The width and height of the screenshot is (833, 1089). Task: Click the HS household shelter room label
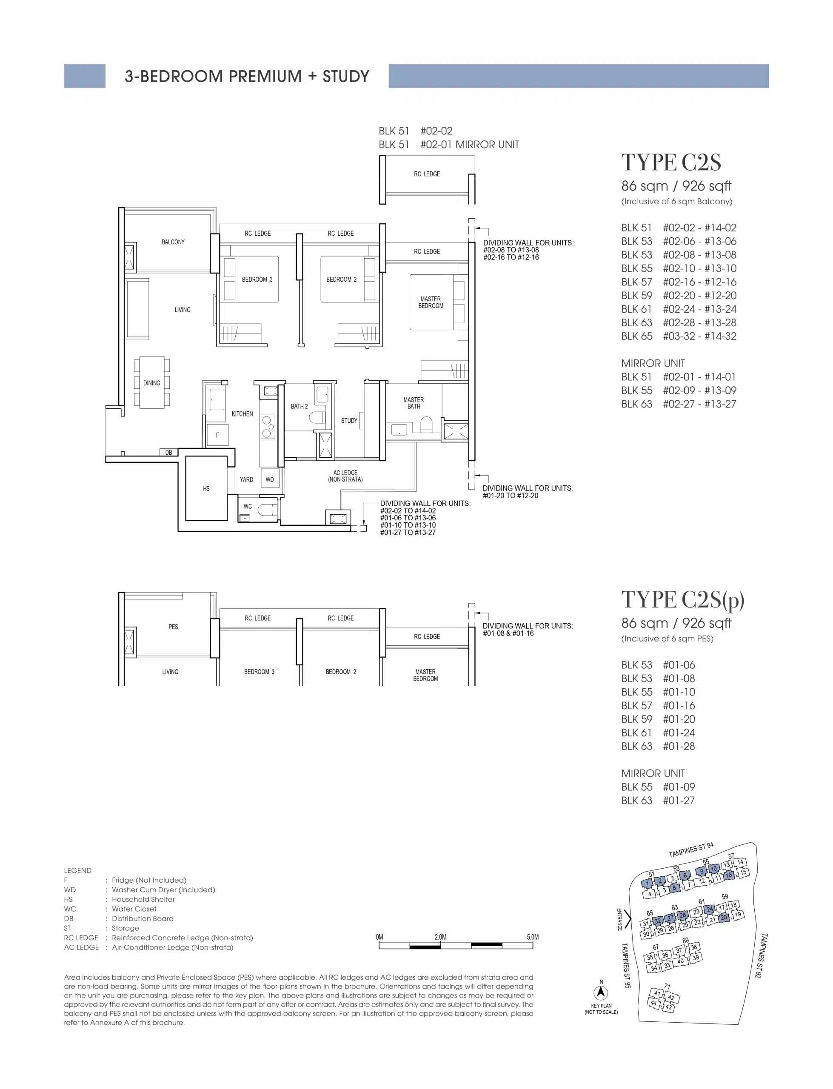[206, 488]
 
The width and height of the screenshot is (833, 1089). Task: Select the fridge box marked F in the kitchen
[217, 435]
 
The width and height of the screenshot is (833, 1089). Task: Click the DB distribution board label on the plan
[168, 452]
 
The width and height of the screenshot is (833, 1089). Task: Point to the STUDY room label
[349, 420]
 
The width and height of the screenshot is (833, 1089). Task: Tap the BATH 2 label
[299, 406]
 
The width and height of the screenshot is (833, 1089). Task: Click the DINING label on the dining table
[152, 383]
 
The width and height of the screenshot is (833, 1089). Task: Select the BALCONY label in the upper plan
[173, 242]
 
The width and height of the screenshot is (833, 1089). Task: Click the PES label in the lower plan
[173, 627]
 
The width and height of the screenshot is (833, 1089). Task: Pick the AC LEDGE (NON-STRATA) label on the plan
[345, 476]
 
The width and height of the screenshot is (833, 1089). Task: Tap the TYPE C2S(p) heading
[683, 600]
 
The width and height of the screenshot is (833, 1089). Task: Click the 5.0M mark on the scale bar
[533, 937]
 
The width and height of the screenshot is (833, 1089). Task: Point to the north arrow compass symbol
[601, 992]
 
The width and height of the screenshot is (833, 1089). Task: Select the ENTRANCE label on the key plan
[619, 919]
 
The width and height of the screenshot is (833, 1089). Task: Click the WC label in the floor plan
[248, 506]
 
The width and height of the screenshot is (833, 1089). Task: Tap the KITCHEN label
[242, 414]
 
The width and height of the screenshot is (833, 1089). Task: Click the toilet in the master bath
[426, 424]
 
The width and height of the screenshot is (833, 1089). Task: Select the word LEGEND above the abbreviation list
[77, 870]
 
